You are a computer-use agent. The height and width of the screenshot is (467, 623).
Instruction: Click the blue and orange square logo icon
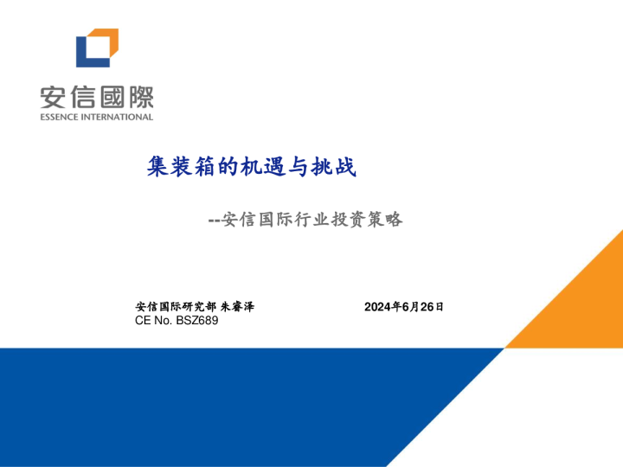pos(96,48)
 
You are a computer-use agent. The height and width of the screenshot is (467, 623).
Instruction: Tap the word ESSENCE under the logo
pos(58,117)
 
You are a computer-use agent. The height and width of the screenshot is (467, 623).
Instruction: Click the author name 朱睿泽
pos(237,307)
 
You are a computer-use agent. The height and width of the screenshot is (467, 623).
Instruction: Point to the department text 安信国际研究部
pos(176,307)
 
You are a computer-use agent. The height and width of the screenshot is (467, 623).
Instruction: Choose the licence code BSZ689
pos(197,322)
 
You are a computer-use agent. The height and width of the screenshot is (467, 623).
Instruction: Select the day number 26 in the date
pos(426,307)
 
